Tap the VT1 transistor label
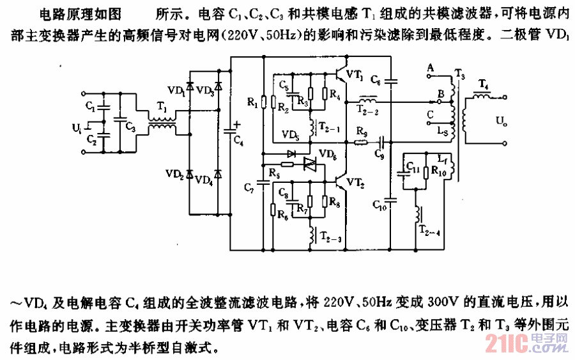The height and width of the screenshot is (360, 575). click(x=355, y=75)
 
